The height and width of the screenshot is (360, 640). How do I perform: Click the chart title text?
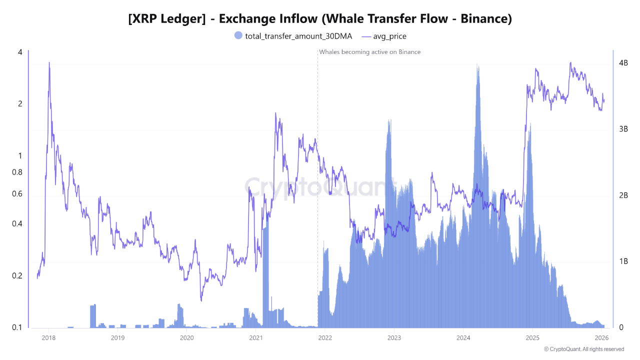tap(320, 19)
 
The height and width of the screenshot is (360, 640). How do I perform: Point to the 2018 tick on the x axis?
tap(48, 337)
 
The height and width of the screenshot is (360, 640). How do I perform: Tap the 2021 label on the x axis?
tap(255, 337)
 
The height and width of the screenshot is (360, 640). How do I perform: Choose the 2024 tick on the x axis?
tap(463, 337)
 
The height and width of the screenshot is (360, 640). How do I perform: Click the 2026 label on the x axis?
tap(601, 337)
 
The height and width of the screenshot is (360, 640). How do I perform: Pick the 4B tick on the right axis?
tap(623, 63)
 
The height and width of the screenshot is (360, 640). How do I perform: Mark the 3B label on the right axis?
tap(623, 129)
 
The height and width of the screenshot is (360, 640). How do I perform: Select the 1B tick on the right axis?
tap(623, 261)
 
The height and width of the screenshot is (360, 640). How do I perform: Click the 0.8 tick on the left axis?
tap(17, 172)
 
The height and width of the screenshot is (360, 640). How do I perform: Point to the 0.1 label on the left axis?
tap(17, 327)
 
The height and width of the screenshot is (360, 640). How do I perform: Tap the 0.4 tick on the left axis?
tap(17, 224)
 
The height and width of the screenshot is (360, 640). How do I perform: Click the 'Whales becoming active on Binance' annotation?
tap(369, 52)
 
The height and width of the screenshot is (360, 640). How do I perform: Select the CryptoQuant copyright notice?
tap(584, 349)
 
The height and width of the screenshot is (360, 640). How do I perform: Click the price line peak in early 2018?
tap(49, 63)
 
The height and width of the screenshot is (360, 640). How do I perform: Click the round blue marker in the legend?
tap(238, 35)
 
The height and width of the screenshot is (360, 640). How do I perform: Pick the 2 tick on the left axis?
tap(20, 104)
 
